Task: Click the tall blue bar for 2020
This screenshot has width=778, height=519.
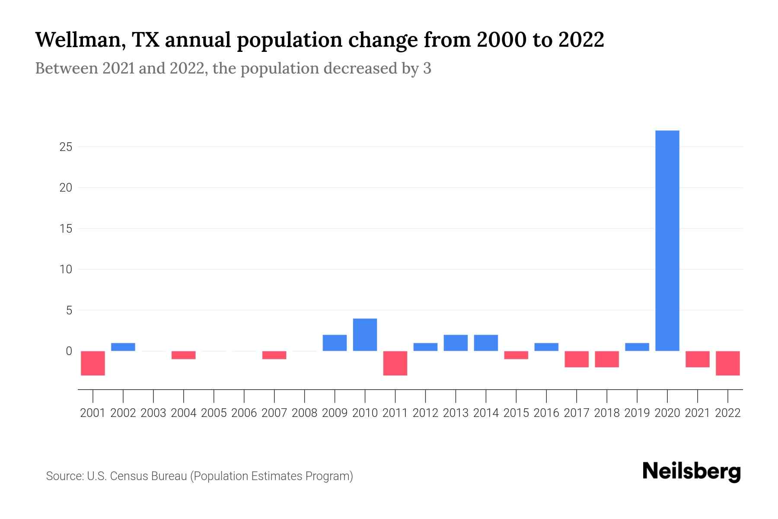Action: pos(667,240)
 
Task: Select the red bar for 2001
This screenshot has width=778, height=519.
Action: pos(93,363)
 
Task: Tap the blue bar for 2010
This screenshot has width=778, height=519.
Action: pos(365,335)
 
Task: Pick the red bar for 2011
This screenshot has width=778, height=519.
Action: pos(395,363)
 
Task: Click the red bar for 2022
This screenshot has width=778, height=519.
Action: pos(728,363)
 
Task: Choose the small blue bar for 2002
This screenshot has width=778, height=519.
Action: pos(123,347)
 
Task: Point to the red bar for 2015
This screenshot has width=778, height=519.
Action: pos(516,355)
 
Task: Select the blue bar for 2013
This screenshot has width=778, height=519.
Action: pos(456,343)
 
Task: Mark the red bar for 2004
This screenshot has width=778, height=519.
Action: pos(184,355)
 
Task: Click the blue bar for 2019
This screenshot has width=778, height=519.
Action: pos(637,347)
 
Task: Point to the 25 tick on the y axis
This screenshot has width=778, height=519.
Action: pos(66,147)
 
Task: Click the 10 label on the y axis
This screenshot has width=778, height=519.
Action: pos(66,269)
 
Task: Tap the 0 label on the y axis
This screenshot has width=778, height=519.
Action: pos(69,351)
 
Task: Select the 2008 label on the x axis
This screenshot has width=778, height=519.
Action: pos(305,413)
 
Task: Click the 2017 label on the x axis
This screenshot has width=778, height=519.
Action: pos(577,413)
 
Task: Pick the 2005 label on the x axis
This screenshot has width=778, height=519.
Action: pos(214,413)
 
